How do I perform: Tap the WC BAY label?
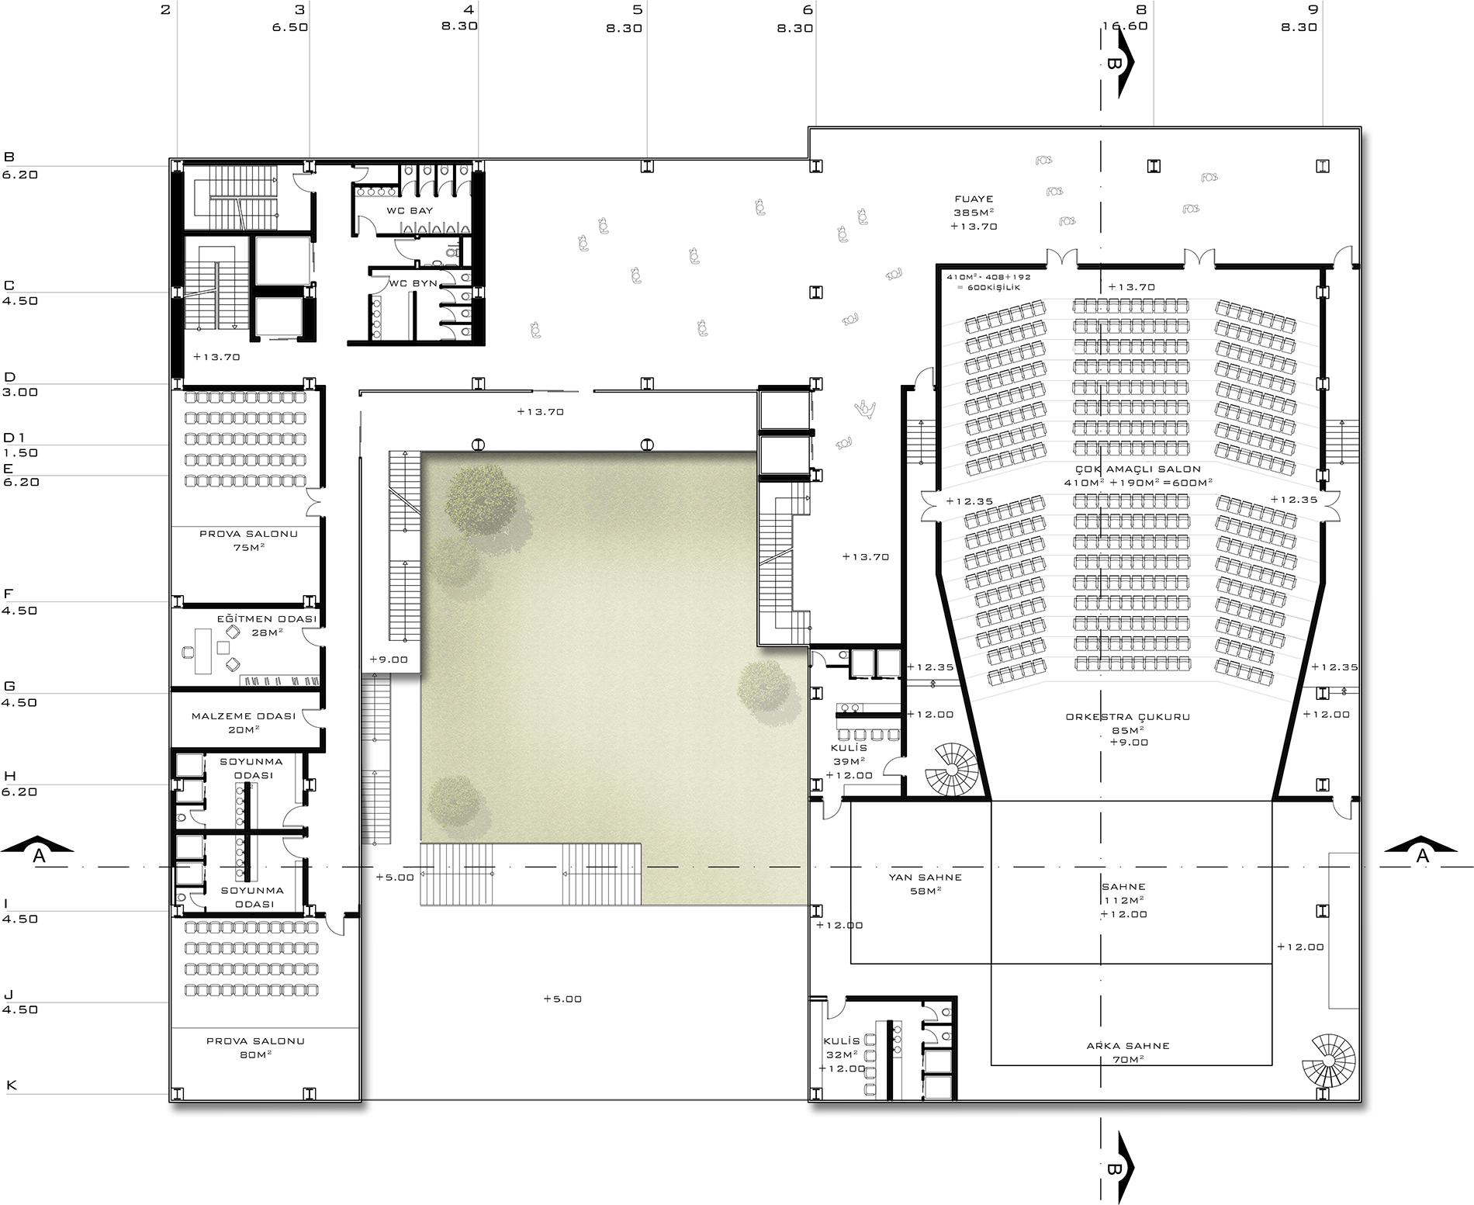coord(410,210)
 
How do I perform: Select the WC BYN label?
coord(413,283)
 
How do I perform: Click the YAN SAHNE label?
coord(925,878)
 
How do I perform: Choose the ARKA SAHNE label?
coord(1128,1045)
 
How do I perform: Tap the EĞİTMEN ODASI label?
coord(267,618)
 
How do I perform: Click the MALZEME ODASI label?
coord(244,715)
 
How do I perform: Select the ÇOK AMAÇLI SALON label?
coord(1138,469)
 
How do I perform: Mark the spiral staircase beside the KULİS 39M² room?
coord(955,767)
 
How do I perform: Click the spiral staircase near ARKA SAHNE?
coord(1331,1061)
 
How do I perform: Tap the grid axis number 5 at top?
coord(637,10)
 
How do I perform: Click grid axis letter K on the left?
coord(11,1085)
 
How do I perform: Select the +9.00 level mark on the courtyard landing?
coord(388,660)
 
